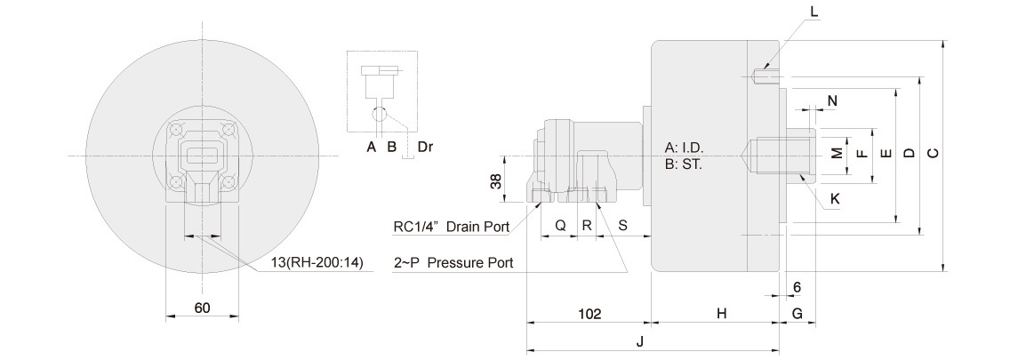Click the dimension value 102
point(589,314)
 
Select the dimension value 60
point(202,308)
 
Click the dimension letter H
point(722,314)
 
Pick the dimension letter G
point(797,314)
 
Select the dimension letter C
point(932,154)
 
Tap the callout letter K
point(834,200)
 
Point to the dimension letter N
point(832,100)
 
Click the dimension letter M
point(836,154)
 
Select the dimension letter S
point(622,226)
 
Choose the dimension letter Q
point(560,226)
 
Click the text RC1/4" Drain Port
point(451,227)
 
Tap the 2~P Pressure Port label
point(453,264)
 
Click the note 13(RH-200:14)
point(317,264)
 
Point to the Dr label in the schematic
point(425,147)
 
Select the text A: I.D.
point(689,148)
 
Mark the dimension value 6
point(797,287)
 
